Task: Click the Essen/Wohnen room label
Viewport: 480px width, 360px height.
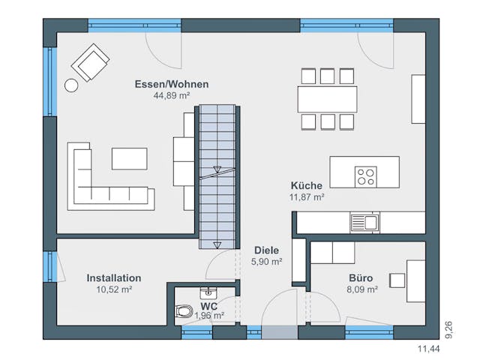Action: coord(171,84)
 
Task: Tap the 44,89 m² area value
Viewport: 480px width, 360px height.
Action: coord(171,96)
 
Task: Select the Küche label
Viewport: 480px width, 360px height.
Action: coord(307,185)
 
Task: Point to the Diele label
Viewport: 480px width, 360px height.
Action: coord(266,250)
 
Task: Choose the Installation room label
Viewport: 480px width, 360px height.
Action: coord(114,277)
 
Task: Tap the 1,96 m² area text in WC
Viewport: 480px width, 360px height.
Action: coord(209,316)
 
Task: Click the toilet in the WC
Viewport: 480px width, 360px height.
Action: coord(183,310)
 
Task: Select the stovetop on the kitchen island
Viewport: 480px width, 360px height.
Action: coord(366,176)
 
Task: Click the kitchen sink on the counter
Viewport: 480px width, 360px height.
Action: coord(364,222)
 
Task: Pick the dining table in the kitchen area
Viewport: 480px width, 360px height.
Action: coord(327,98)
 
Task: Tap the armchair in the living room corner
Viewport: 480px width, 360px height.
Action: coord(93,61)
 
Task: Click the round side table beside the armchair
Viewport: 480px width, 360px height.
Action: coord(71,85)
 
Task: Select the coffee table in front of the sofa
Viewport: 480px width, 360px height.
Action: coord(130,158)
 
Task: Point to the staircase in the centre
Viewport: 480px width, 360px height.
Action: coord(217,176)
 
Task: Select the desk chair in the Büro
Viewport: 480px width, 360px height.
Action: coord(397,280)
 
